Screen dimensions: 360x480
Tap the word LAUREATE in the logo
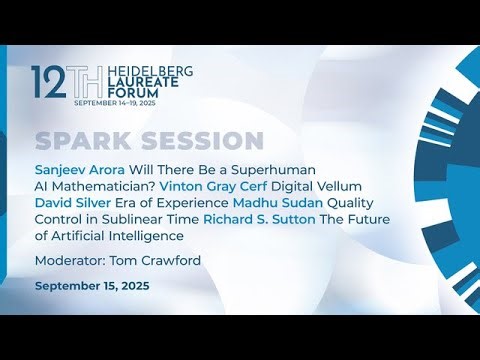(x=104, y=85)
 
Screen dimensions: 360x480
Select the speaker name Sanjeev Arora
(x=78, y=171)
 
